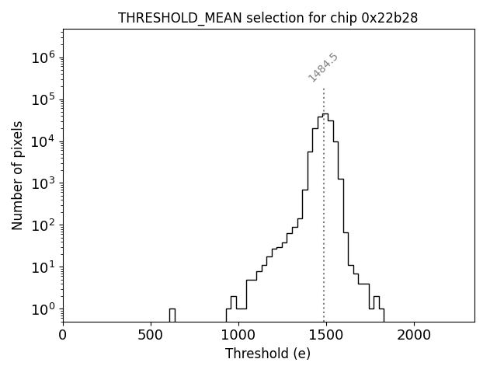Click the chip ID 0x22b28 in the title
(x=390, y=18)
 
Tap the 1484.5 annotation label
(x=323, y=68)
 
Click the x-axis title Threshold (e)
(x=268, y=354)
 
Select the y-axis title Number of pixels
(x=18, y=176)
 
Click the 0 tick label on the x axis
(x=63, y=336)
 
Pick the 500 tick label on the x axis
(x=151, y=336)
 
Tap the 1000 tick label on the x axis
(x=238, y=336)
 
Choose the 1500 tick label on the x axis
(x=326, y=336)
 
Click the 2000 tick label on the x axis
(x=414, y=336)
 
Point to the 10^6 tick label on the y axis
(x=43, y=58)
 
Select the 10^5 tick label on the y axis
(x=43, y=99)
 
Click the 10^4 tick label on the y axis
(x=43, y=141)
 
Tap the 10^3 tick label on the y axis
(x=43, y=183)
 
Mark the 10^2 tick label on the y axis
(x=43, y=225)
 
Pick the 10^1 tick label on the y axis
(x=43, y=267)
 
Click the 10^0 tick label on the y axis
(x=43, y=309)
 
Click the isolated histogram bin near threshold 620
(x=172, y=314)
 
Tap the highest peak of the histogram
(x=325, y=114)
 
